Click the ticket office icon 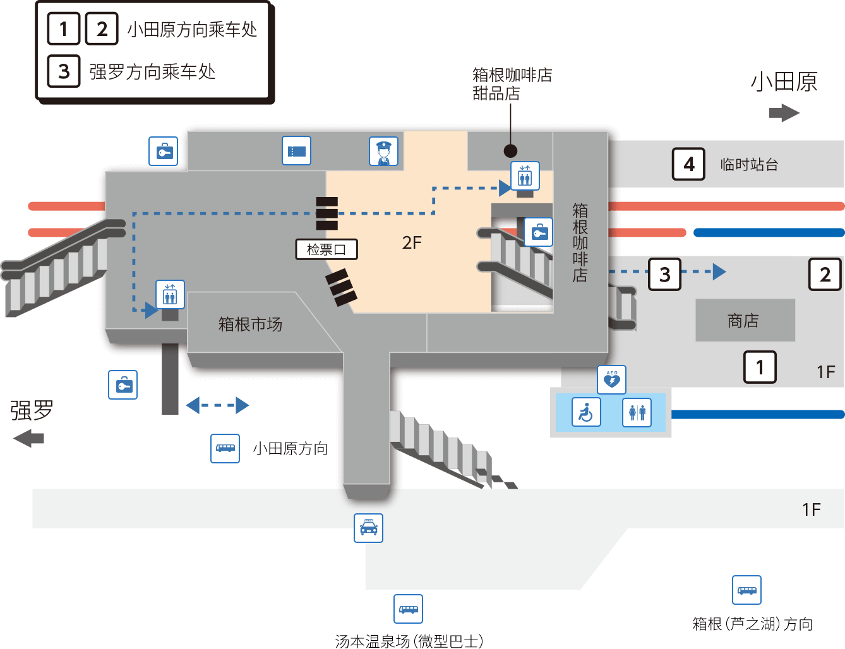(296, 150)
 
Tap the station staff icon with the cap (383, 151)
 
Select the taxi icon (368, 528)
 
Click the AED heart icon (612, 379)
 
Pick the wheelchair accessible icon (586, 412)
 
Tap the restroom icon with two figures (637, 412)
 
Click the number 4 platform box (688, 164)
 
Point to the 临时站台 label (750, 164)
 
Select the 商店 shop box (745, 320)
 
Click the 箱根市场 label (250, 324)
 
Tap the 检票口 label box (327, 249)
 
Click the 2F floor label (412, 242)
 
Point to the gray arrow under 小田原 (784, 113)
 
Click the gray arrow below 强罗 (28, 438)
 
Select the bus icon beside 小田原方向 (225, 448)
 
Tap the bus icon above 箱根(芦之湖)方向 (746, 590)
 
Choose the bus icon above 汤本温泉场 (408, 609)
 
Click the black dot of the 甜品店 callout (510, 151)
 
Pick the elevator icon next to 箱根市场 (170, 295)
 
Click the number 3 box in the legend (64, 71)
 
